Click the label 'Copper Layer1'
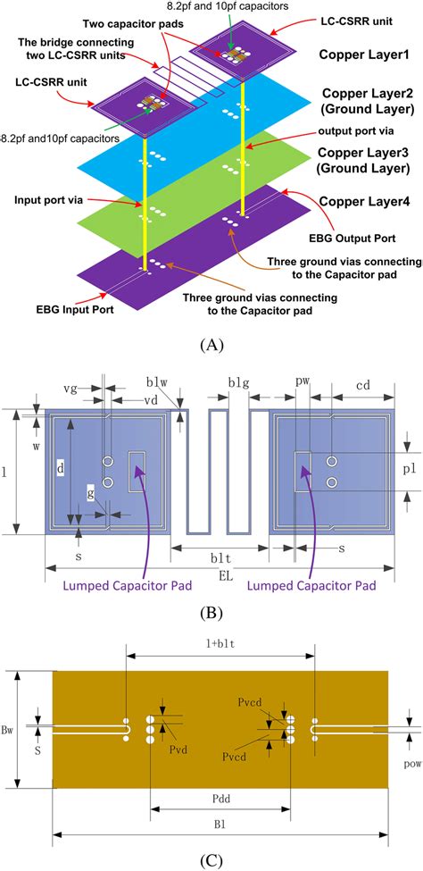click(366, 55)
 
